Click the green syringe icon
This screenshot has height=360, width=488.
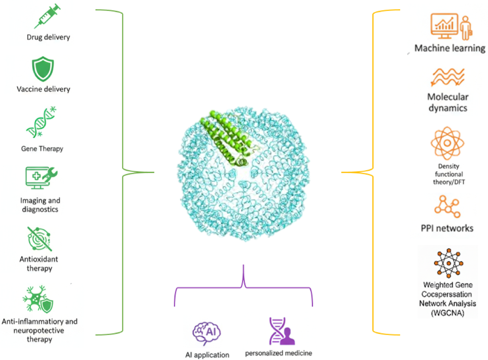point(47,16)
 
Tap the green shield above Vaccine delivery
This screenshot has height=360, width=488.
point(43,69)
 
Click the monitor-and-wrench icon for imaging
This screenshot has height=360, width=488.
point(41,178)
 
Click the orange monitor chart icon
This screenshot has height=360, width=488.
point(451,26)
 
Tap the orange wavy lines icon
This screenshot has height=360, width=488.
point(448,77)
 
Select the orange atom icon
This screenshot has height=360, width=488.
point(447,143)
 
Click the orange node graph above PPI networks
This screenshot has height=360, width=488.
point(447,207)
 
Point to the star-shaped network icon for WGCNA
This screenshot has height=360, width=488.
point(449,263)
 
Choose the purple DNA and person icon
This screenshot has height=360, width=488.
point(282,331)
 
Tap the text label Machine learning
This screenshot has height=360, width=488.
point(450,48)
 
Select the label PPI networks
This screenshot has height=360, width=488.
point(447,228)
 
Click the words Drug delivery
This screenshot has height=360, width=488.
point(48,37)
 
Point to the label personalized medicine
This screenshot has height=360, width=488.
point(279,353)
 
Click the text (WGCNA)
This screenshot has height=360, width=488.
point(448,313)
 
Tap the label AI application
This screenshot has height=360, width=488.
point(207,355)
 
